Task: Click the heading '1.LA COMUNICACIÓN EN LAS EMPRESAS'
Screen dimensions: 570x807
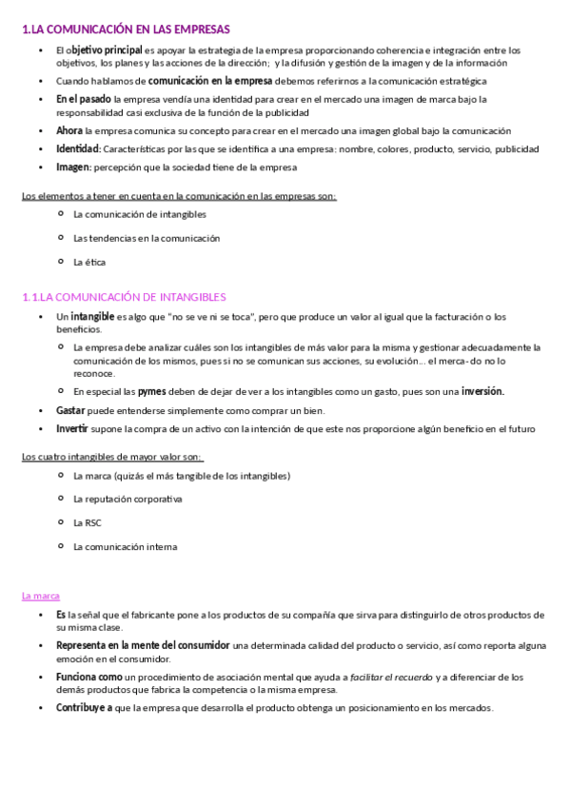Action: [126, 30]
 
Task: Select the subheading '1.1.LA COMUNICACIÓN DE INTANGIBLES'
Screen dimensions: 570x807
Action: [124, 297]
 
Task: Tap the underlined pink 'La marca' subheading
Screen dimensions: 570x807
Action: [41, 596]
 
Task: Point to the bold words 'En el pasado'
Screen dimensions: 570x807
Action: [83, 98]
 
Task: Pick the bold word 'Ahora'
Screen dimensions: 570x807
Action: [69, 129]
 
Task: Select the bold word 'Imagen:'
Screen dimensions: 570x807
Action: [73, 167]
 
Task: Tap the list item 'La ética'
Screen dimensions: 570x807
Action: [89, 261]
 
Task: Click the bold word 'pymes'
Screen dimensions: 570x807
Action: [151, 391]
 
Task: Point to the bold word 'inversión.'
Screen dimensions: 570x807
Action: [482, 391]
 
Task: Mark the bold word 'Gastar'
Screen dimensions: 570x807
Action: [70, 410]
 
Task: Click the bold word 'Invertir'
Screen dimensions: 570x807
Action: [72, 428]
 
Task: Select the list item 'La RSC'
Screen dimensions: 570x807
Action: [88, 522]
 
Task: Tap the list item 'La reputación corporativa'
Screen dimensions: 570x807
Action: [127, 499]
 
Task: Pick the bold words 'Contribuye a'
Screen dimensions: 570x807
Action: [85, 708]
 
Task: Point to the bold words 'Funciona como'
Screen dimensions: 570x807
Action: [88, 677]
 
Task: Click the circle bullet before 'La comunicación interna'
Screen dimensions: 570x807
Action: [61, 545]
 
